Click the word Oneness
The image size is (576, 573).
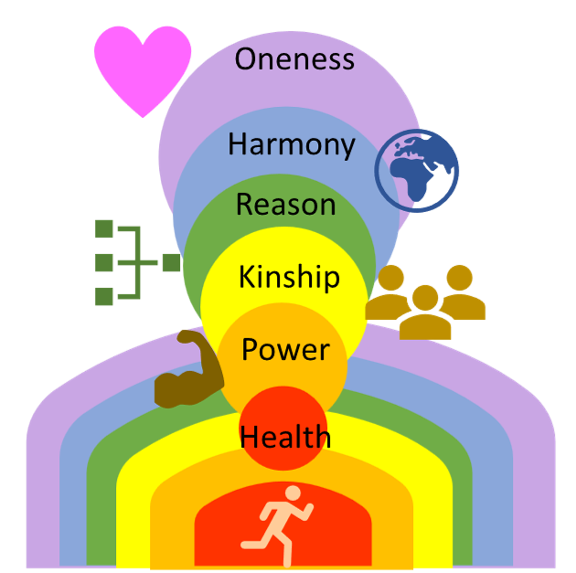pos(294,59)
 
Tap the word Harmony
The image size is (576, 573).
pos(291,144)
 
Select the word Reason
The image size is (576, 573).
pos(285,205)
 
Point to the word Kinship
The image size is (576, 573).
pos(289,277)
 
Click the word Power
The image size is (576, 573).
pos(285,349)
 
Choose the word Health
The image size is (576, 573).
pos(285,437)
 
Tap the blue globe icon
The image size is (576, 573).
pos(417,170)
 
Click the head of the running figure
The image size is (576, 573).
pos(293,494)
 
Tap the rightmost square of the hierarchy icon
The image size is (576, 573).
pos(171,263)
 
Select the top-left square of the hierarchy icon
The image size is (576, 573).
pos(105,228)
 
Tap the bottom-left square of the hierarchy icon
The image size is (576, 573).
pos(105,295)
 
